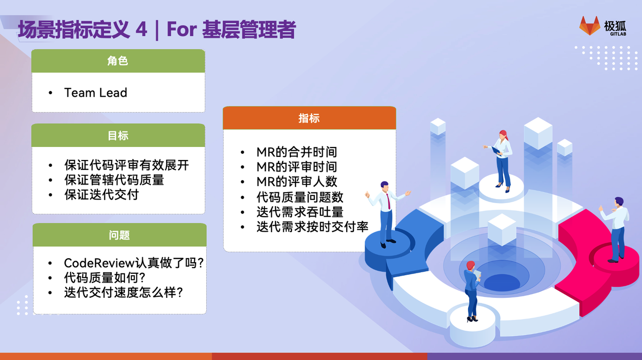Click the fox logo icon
pyautogui.click(x=589, y=26)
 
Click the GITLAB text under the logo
pyautogui.click(x=618, y=34)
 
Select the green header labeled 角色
pyautogui.click(x=118, y=61)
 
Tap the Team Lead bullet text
pyautogui.click(x=95, y=93)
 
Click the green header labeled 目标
pyautogui.click(x=118, y=135)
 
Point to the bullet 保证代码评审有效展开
pyautogui.click(x=126, y=165)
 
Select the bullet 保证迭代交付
pyautogui.click(x=101, y=195)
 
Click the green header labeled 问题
pyautogui.click(x=119, y=235)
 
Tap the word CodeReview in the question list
pyautogui.click(x=99, y=263)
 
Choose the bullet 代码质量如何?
pyautogui.click(x=105, y=277)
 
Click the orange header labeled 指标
pyautogui.click(x=309, y=118)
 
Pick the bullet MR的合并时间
pyautogui.click(x=296, y=152)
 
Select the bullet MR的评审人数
pyautogui.click(x=296, y=182)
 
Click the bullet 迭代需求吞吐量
pyautogui.click(x=300, y=212)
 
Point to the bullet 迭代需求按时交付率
pyautogui.click(x=312, y=227)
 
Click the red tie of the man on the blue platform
pyautogui.click(x=388, y=201)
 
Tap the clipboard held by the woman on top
pyautogui.click(x=496, y=150)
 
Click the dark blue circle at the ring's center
pyautogui.click(x=502, y=282)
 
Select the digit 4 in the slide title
pyautogui.click(x=141, y=29)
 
